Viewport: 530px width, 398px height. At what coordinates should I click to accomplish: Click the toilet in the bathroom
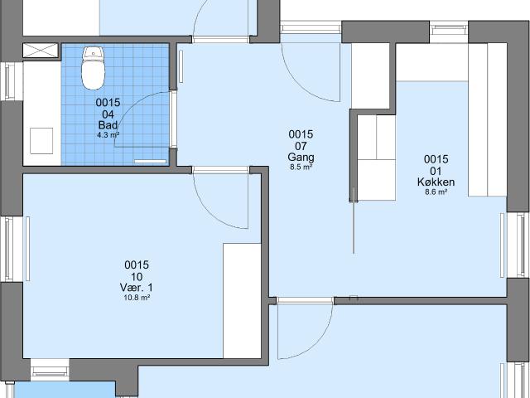coord(93,68)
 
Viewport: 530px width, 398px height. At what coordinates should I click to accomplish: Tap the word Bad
coord(108,125)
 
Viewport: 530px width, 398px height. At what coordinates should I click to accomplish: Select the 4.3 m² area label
coord(108,134)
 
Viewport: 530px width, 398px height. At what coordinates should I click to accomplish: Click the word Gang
coord(301,157)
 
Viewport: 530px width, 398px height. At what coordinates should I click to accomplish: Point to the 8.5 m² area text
coord(301,167)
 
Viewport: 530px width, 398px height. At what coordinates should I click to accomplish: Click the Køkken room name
coord(436,182)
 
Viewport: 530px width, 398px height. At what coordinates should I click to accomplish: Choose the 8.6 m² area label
coord(436,192)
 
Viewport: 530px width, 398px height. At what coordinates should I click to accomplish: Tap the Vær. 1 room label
coord(136,288)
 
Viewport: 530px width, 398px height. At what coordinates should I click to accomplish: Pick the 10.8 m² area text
coord(137,298)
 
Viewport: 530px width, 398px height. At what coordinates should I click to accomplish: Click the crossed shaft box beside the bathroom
coord(41,50)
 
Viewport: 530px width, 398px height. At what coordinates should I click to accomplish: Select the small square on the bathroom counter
coord(41,141)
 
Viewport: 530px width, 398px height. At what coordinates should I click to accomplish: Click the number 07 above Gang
coord(301,146)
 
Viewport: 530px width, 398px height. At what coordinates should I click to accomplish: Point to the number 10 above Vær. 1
coord(137,277)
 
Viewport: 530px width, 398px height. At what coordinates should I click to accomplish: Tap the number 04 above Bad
coord(108,114)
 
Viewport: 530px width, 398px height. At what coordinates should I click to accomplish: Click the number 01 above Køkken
coord(436,171)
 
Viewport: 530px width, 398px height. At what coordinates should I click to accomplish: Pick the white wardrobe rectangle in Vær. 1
coord(242,300)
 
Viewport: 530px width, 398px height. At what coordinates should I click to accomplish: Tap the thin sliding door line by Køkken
coord(354,221)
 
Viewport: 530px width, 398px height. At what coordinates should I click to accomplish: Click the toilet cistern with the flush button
coord(94,53)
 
